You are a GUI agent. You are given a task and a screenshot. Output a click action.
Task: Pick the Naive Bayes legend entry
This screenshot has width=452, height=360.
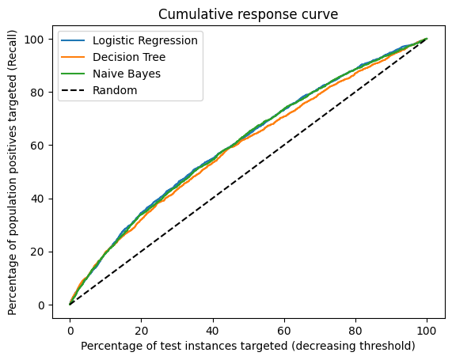point(127,74)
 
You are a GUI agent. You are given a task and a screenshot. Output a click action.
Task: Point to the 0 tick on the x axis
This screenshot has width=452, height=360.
point(70,330)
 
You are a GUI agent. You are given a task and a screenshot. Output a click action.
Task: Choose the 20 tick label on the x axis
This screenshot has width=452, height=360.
point(142,330)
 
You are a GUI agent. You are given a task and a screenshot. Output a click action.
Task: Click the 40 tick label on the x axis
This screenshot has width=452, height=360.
point(213,330)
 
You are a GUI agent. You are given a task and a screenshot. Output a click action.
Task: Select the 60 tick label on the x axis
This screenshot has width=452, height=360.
point(284,330)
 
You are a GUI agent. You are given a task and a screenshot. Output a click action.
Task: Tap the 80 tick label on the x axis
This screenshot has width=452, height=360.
point(355,330)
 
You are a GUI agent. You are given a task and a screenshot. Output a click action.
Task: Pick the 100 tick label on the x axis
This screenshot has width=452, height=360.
point(427,330)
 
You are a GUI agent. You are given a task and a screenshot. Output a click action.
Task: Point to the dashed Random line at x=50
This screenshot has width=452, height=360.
point(249,172)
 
